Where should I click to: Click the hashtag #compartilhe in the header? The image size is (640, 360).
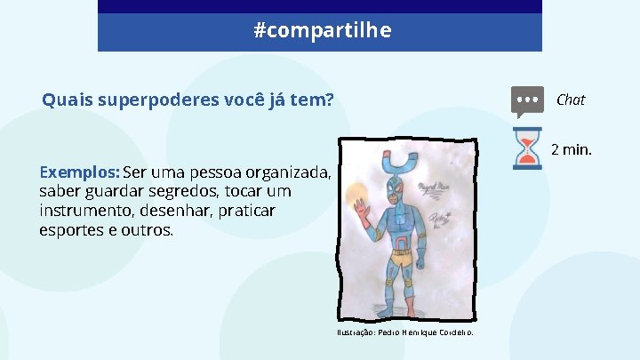click(x=322, y=31)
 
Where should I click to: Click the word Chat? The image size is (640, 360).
click(x=570, y=100)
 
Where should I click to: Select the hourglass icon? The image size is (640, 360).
click(x=527, y=148)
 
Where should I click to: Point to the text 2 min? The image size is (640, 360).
click(x=571, y=149)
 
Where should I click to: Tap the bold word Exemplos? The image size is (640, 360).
click(x=80, y=172)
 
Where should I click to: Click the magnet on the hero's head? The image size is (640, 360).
click(x=397, y=164)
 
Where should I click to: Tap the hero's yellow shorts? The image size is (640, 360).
click(x=402, y=259)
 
